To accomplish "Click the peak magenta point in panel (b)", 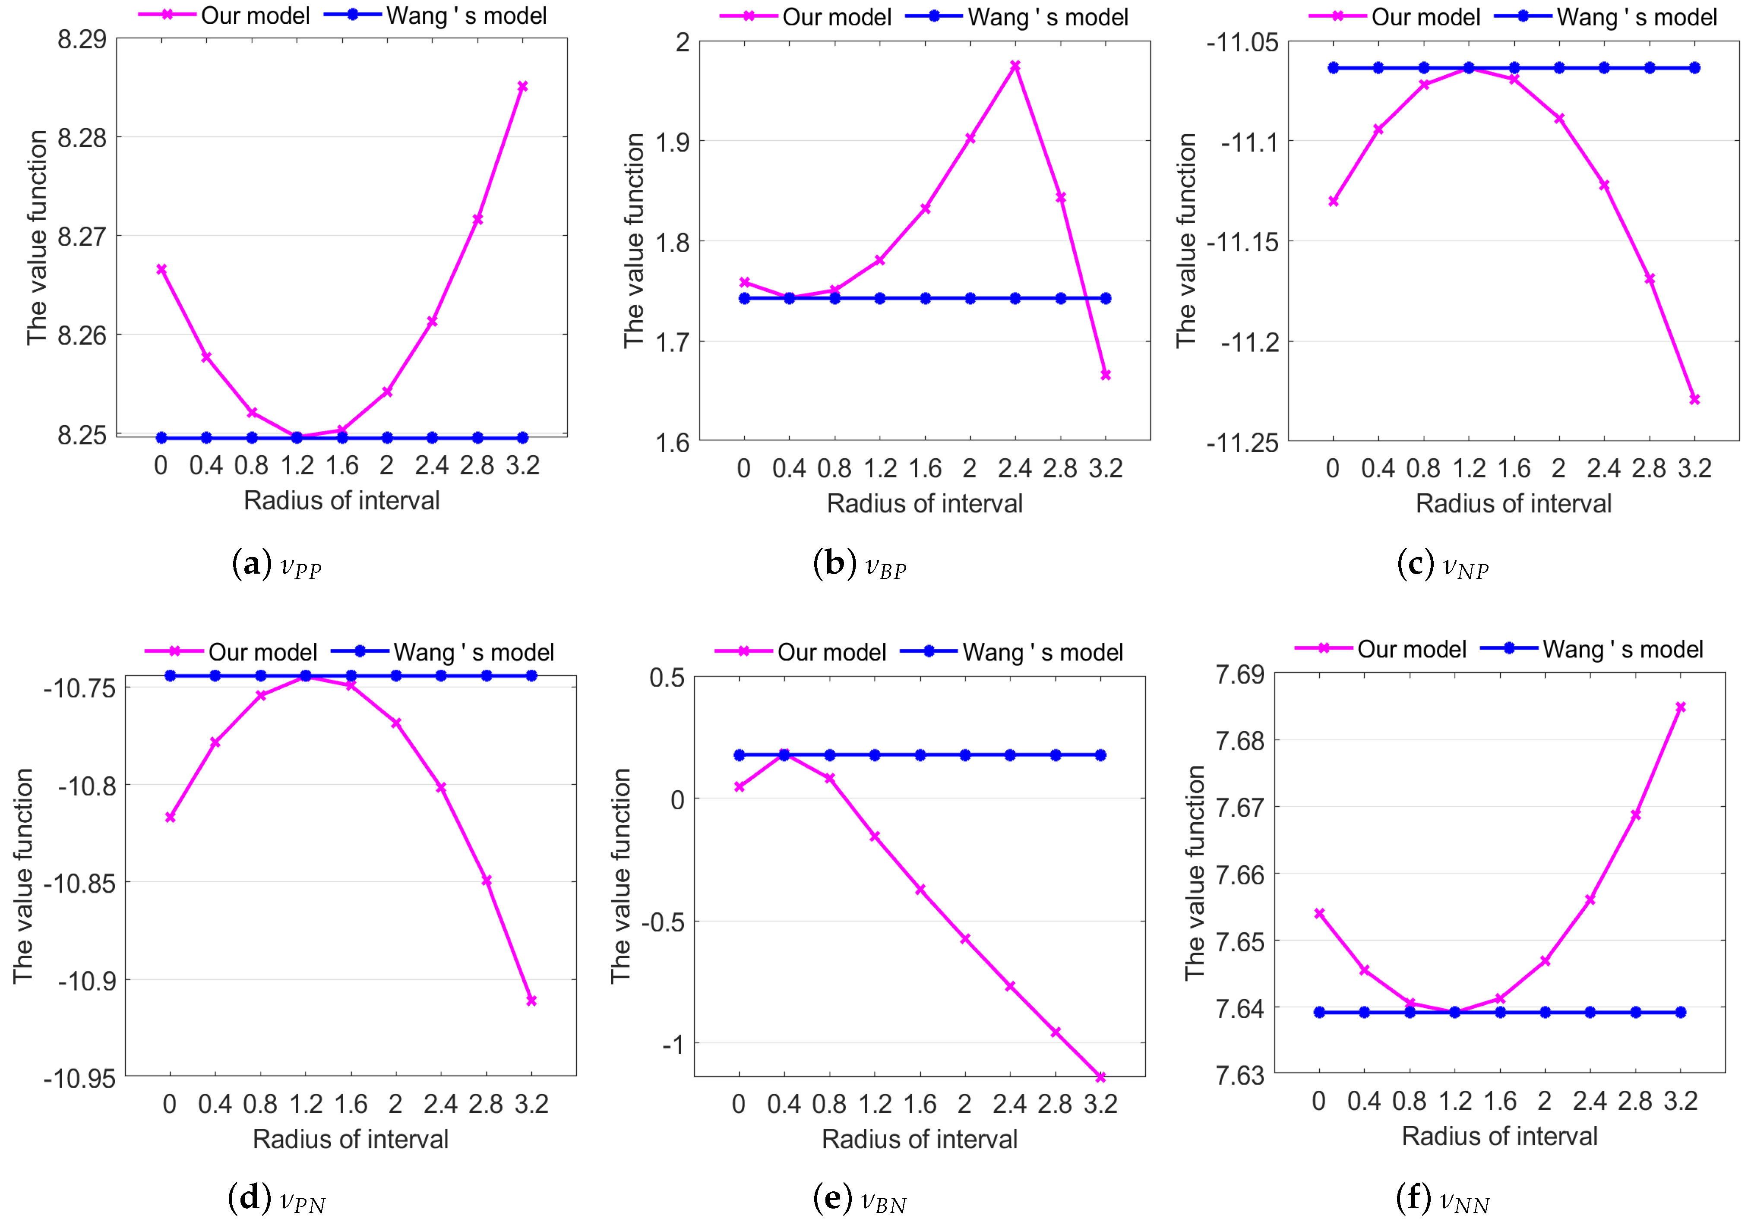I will [1015, 66].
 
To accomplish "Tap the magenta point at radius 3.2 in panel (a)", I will [522, 86].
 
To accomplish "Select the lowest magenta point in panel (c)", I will [1694, 399].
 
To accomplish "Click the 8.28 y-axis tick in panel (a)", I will [82, 138].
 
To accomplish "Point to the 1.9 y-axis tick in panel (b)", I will [673, 142].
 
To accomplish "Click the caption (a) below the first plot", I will [276, 565].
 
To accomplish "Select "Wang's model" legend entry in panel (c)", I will [1637, 17].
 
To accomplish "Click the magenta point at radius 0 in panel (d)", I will [170, 817].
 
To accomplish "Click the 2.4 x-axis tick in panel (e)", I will [1010, 1104].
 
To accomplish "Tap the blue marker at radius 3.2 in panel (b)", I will [1105, 298].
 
